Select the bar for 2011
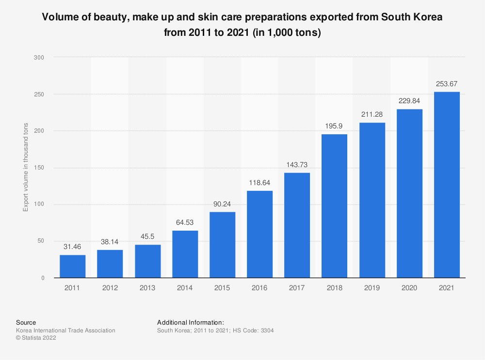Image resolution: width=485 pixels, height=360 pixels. (73, 266)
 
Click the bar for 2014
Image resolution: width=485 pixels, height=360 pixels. (185, 254)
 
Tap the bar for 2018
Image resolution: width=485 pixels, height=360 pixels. (335, 205)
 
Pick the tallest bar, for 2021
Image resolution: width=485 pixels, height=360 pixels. (447, 185)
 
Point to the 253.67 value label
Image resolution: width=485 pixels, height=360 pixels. (447, 84)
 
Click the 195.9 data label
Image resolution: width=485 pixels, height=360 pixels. (335, 126)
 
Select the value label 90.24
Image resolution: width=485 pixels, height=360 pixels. (222, 204)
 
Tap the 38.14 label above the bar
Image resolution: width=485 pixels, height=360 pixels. (110, 242)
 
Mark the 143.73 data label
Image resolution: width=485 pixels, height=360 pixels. (297, 165)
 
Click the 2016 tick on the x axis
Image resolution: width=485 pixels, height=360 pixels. (260, 288)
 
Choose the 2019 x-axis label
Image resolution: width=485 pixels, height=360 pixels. (372, 288)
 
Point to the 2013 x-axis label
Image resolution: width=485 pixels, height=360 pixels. (147, 288)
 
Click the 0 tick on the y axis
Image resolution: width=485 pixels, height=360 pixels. (43, 278)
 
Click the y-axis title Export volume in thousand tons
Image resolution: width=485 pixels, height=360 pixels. (26, 168)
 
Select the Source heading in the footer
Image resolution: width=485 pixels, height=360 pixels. (26, 322)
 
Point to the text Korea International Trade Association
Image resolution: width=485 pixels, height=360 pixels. (65, 330)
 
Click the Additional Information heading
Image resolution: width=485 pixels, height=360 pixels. (191, 322)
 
